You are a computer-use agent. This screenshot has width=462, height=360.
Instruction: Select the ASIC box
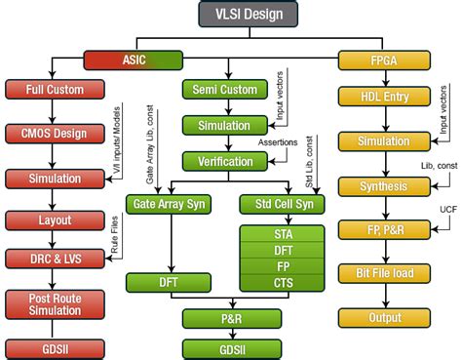tap(134, 60)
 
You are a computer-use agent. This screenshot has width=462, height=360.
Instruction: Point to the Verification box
tap(227, 161)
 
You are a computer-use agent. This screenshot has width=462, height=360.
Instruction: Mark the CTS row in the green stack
tap(282, 283)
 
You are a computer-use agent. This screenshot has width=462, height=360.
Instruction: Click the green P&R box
tap(227, 318)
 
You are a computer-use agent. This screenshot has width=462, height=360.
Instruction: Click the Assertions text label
tap(277, 142)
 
